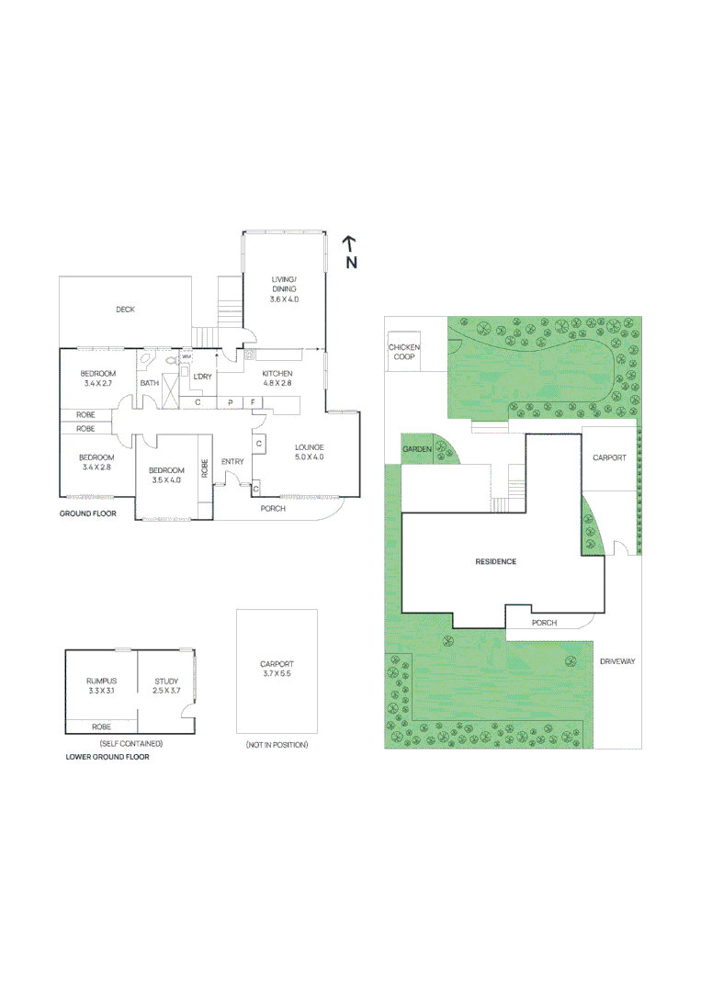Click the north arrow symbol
(350, 252)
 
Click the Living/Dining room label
(284, 288)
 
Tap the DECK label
(125, 310)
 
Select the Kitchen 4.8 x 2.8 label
(277, 378)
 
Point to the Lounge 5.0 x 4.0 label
(309, 452)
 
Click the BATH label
(149, 383)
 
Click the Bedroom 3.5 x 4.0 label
(166, 475)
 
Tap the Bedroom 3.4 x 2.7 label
(96, 378)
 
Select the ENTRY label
(232, 461)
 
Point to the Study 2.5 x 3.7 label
(166, 685)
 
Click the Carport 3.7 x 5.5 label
(277, 668)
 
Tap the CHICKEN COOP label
(403, 352)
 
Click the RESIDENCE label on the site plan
(495, 561)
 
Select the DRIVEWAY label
(617, 661)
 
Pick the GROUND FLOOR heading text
(88, 513)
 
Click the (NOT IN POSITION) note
(277, 744)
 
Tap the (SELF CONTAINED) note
(130, 742)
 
